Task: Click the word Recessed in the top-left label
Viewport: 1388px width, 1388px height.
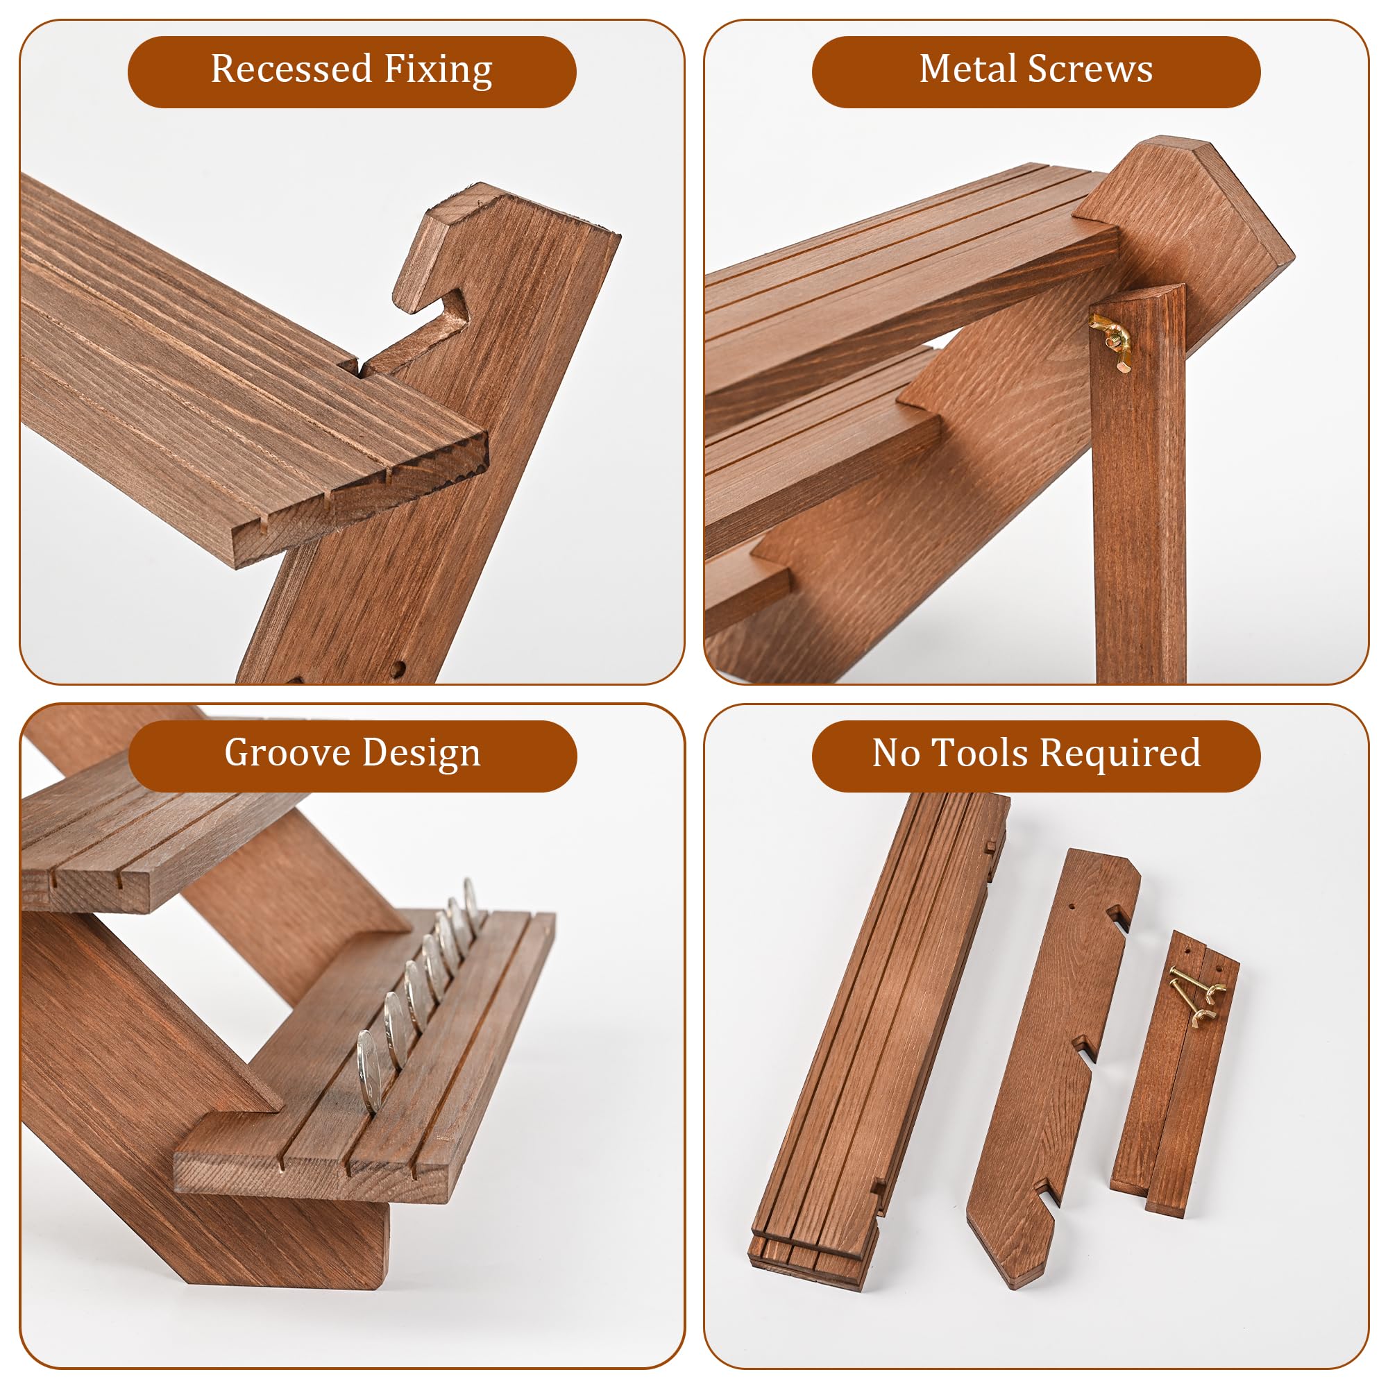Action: tap(291, 69)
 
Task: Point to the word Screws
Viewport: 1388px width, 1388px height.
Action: tap(1090, 69)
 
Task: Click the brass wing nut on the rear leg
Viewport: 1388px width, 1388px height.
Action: tap(1112, 339)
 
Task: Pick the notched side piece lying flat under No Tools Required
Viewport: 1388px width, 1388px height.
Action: tap(1054, 1067)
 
